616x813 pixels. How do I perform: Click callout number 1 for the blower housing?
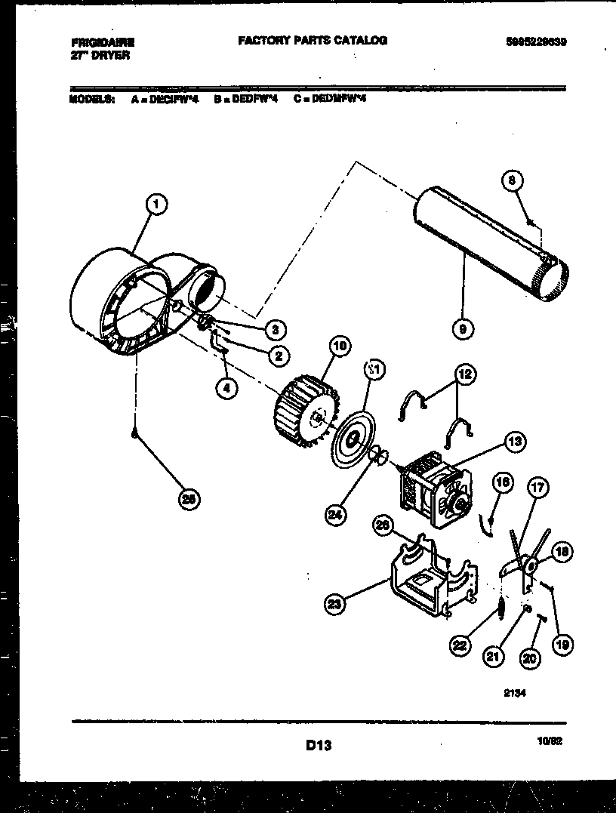pos(156,203)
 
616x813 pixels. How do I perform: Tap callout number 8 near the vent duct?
pos(511,180)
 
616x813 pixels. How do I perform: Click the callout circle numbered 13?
pos(514,444)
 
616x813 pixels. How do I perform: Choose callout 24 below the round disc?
pos(335,516)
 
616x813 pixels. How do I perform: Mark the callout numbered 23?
pos(334,603)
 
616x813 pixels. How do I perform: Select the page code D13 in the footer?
pos(319,746)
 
